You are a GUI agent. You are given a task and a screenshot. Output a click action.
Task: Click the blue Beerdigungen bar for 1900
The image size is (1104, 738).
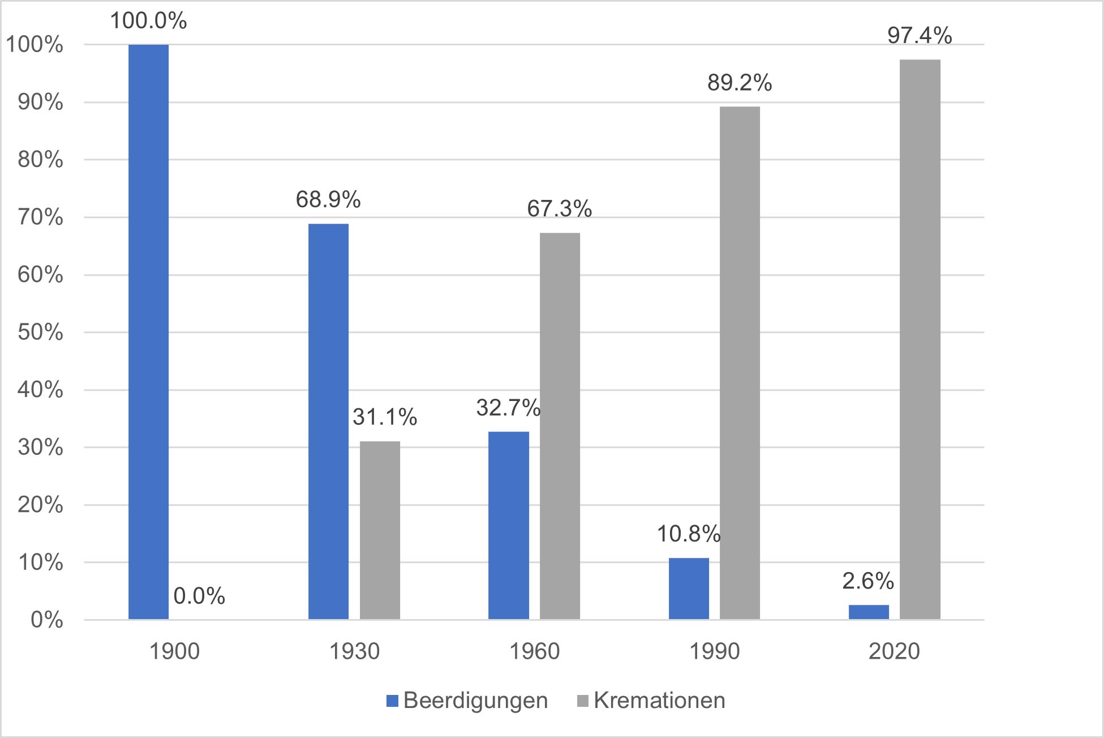click(148, 331)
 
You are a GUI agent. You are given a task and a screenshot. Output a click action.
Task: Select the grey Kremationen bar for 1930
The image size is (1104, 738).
click(380, 530)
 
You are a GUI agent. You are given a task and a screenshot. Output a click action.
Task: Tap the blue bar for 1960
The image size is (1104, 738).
click(509, 525)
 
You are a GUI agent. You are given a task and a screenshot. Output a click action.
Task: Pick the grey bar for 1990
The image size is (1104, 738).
click(740, 362)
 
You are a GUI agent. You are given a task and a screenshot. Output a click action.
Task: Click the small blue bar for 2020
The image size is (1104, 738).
click(869, 612)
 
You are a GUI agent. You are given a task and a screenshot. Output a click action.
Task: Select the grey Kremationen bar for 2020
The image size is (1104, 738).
click(920, 339)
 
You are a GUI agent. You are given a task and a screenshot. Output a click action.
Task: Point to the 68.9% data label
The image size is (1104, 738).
click(328, 199)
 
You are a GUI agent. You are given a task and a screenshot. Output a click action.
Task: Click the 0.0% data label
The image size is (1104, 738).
click(199, 596)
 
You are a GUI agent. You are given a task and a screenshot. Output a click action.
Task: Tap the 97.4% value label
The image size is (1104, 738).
click(920, 36)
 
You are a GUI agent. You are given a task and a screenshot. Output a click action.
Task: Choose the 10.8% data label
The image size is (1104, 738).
click(688, 534)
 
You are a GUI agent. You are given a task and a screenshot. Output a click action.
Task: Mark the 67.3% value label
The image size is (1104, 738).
click(559, 208)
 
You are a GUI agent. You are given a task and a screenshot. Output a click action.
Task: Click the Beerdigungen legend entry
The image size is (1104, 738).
click(467, 701)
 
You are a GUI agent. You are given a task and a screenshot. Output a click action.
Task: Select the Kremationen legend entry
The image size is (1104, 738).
click(651, 701)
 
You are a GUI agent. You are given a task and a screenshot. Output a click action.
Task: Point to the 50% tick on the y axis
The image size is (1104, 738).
click(40, 332)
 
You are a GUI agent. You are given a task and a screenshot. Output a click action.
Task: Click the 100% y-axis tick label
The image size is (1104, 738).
click(35, 45)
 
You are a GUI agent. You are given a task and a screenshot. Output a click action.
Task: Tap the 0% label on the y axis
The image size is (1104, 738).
click(46, 620)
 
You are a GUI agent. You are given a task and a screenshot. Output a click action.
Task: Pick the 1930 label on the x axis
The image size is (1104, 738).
click(354, 651)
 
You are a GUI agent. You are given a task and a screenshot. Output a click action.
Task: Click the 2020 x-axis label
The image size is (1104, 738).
click(894, 651)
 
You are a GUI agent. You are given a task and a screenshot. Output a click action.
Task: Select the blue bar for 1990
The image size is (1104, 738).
click(689, 588)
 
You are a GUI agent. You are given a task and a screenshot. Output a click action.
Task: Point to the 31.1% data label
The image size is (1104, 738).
click(385, 417)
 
